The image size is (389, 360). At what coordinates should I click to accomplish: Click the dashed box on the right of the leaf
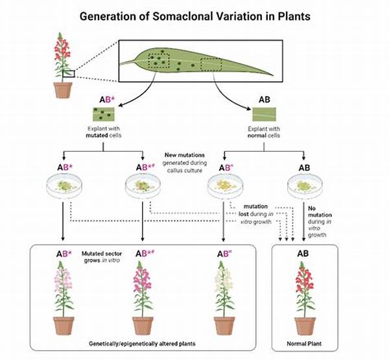211,64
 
